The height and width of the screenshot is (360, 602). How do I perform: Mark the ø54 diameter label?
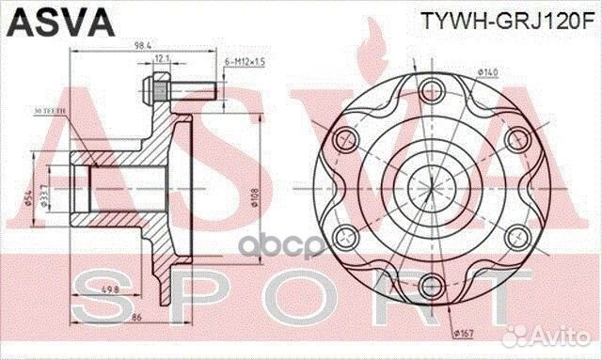[27, 195]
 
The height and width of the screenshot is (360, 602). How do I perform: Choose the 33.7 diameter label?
[49, 195]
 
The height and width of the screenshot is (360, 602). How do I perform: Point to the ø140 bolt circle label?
[487, 71]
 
